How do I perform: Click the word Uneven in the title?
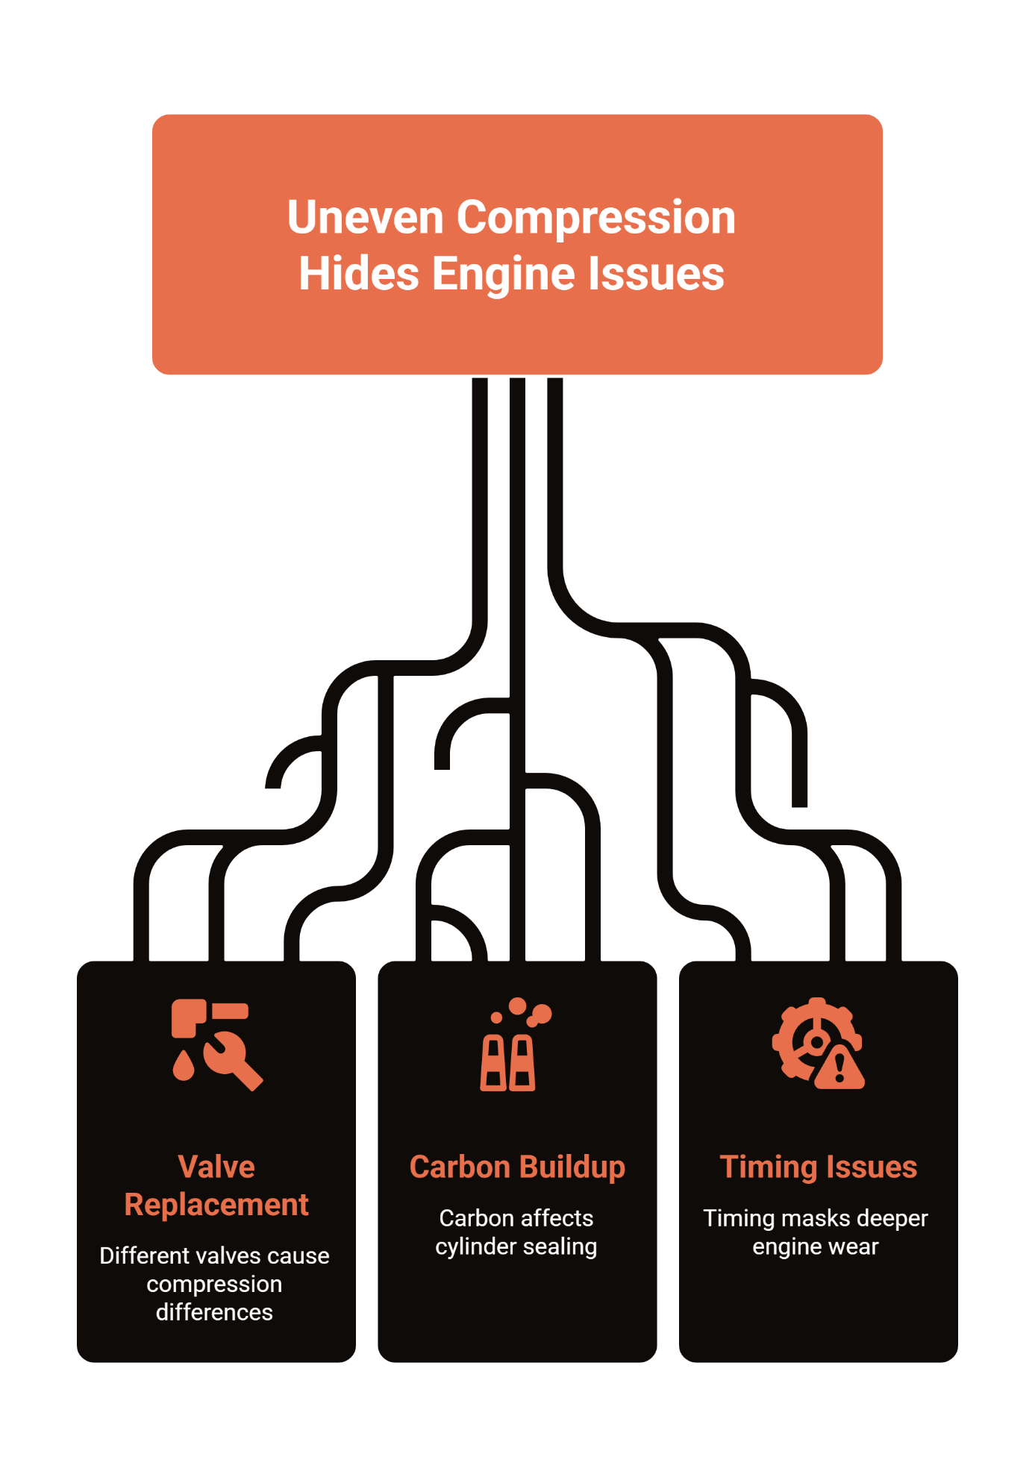pyautogui.click(x=365, y=218)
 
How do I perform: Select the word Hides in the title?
pyautogui.click(x=358, y=274)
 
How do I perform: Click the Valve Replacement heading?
pyautogui.click(x=216, y=1185)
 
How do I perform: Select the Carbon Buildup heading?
pyautogui.click(x=517, y=1167)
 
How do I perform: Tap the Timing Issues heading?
pyautogui.click(x=818, y=1167)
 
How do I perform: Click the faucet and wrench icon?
pyautogui.click(x=216, y=1044)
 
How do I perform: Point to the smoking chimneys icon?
pyautogui.click(x=515, y=1044)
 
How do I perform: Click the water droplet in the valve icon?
pyautogui.click(x=184, y=1067)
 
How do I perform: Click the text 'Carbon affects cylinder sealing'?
pyautogui.click(x=516, y=1232)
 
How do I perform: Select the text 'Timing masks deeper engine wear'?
pyautogui.click(x=816, y=1232)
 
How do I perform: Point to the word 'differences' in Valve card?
pyautogui.click(x=214, y=1312)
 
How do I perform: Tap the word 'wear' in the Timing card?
pyautogui.click(x=857, y=1247)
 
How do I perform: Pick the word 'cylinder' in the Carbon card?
pyautogui.click(x=471, y=1247)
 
